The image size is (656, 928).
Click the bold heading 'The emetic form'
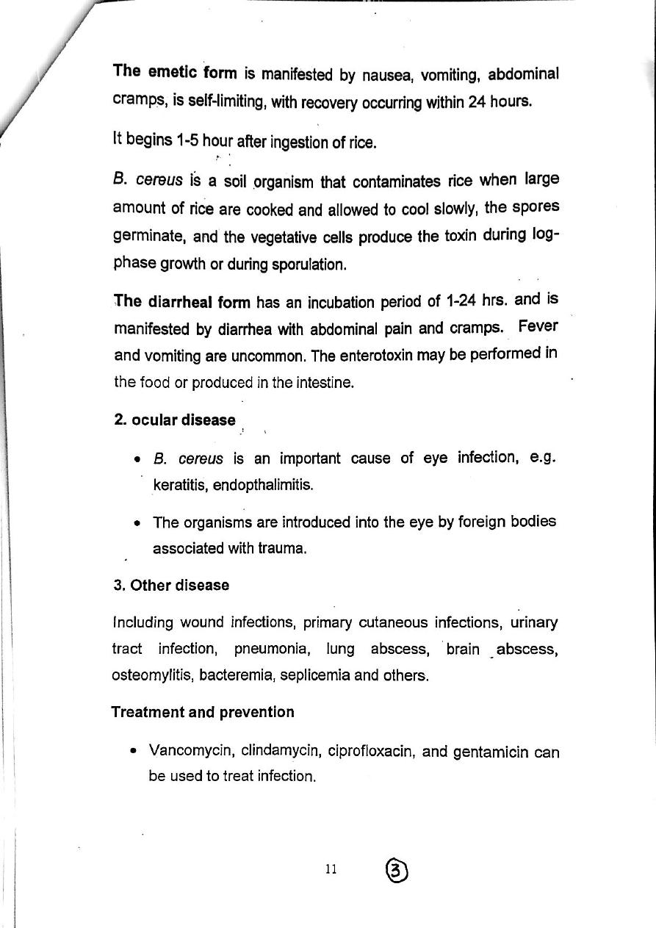click(x=175, y=72)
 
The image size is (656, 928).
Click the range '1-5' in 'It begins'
click(x=188, y=141)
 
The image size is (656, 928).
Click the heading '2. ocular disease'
click(x=175, y=420)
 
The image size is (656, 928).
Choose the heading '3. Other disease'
click(x=170, y=586)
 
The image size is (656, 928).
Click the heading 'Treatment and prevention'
click(x=203, y=712)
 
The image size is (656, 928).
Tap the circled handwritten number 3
click(x=397, y=870)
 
